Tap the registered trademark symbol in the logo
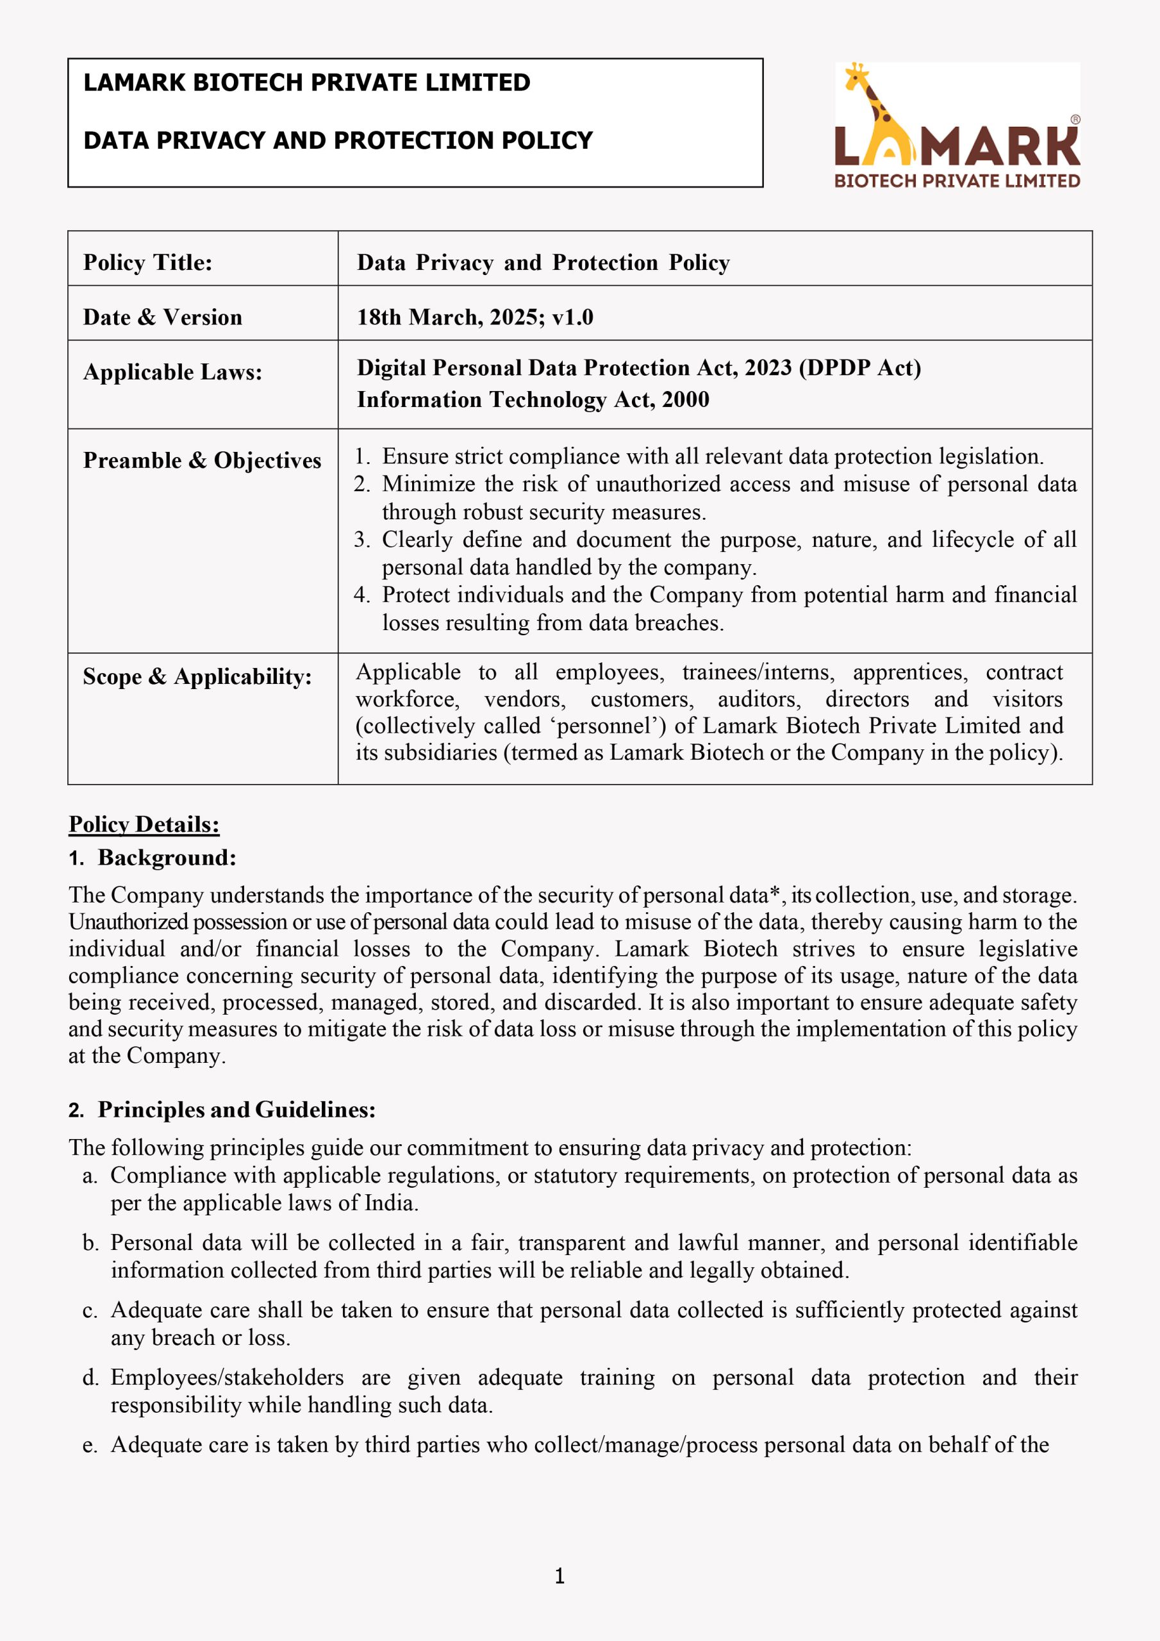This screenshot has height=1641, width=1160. tap(1075, 120)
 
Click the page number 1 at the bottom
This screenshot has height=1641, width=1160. tap(559, 1576)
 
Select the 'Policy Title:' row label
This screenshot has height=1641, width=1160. tap(148, 262)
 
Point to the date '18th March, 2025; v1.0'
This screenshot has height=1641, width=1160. tap(476, 317)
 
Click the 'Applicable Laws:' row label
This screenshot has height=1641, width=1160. tap(172, 372)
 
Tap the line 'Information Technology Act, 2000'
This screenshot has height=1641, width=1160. tap(533, 399)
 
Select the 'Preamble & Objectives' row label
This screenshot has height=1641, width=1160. tap(203, 460)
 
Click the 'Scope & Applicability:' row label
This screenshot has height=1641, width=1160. tap(197, 676)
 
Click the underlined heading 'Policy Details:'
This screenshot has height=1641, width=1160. tap(144, 824)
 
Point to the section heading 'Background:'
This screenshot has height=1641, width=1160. tap(167, 857)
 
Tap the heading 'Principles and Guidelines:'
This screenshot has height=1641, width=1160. tap(236, 1109)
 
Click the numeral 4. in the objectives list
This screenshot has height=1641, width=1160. tap(361, 595)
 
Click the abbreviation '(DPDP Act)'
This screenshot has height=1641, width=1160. tap(860, 367)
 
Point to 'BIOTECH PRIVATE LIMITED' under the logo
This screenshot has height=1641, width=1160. tap(957, 181)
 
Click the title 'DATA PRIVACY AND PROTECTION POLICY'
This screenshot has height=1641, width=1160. tap(338, 140)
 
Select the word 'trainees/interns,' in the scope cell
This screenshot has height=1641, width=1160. tap(758, 672)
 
